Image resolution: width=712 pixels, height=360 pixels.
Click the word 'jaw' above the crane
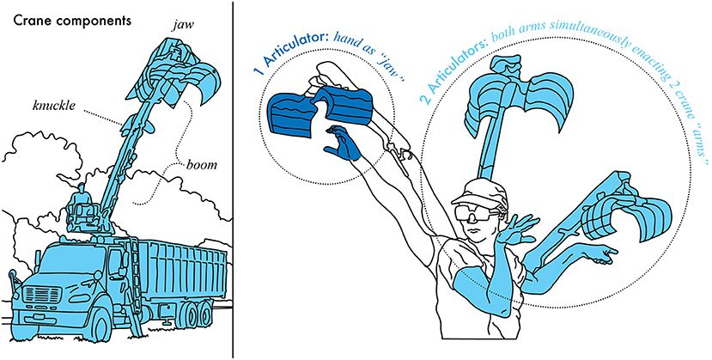coord(181,26)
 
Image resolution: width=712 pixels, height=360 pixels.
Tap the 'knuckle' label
coord(53,106)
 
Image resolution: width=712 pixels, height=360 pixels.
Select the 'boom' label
coord(201,164)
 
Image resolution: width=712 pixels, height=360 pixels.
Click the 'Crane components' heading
coord(72,21)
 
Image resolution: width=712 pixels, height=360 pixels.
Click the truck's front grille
coord(42,295)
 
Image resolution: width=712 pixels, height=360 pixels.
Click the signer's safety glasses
coord(477,212)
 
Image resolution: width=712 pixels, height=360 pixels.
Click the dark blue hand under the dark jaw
coord(344,143)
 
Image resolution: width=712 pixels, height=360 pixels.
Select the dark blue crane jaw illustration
coord(319,112)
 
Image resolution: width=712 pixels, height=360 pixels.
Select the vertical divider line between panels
coord(233,180)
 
